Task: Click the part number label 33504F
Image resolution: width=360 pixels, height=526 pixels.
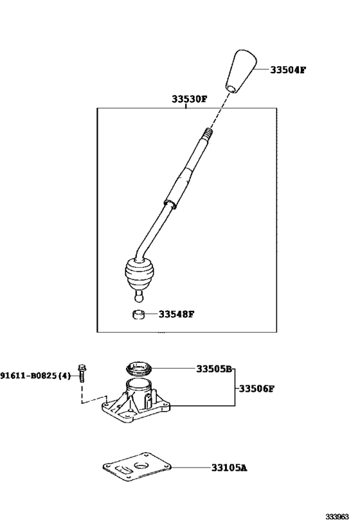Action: coord(288,70)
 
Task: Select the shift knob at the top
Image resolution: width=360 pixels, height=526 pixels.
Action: coord(241,71)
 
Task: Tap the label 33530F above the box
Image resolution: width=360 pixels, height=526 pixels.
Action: coord(189,99)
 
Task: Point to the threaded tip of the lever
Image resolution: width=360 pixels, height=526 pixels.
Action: coord(206,134)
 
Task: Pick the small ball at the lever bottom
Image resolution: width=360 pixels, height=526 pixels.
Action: coord(139,297)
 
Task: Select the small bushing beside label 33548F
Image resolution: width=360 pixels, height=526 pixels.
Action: coord(138,315)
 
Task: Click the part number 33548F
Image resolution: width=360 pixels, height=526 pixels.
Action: coord(176,314)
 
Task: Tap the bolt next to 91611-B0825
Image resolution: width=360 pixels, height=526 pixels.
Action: coord(82,373)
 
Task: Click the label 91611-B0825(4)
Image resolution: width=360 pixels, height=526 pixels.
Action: coord(35,376)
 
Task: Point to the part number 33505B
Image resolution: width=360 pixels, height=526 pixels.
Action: coord(214,369)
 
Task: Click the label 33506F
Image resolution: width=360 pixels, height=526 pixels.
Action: coord(256,389)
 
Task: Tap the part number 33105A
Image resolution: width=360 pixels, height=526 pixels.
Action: coord(229,468)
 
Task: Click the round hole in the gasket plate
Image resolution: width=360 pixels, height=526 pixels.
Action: coord(141,465)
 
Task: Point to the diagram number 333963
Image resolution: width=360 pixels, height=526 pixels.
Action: coord(337,516)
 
